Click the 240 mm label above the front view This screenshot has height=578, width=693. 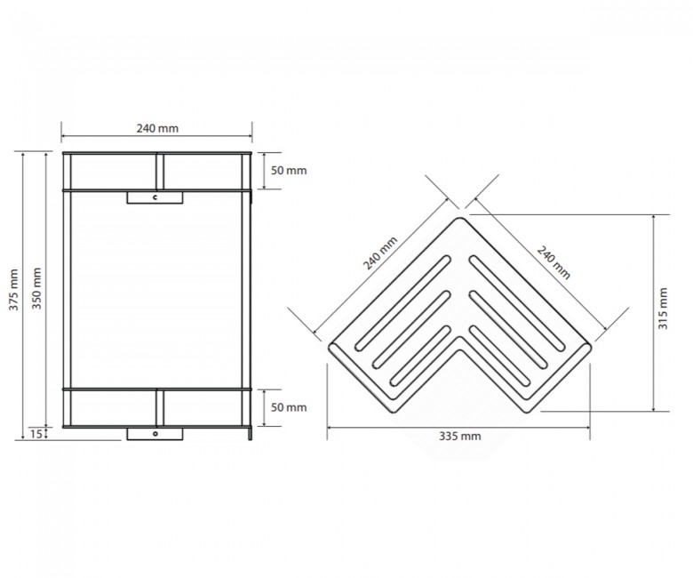pos(157,128)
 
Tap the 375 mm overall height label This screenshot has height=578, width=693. pos(13,289)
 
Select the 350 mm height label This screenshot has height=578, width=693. pos(36,288)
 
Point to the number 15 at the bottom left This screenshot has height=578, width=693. pos(36,434)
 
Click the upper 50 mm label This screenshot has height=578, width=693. pos(289,171)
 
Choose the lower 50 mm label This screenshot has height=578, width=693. pos(289,407)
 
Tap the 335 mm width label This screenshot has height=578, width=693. pos(459,437)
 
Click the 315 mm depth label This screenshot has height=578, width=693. pos(663,309)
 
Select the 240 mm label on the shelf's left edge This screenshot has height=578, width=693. pos(380,253)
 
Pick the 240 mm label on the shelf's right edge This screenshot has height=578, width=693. pos(554,262)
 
